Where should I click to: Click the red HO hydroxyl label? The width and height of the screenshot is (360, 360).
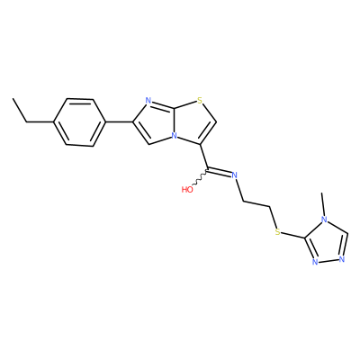(x=187, y=189)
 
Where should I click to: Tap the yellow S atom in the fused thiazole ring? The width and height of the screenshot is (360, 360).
(x=200, y=101)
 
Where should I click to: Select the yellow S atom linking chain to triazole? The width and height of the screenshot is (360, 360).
(x=277, y=231)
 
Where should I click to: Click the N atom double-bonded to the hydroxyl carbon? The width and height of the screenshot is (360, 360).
(x=234, y=175)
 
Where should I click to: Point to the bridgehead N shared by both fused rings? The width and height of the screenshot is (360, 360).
(x=174, y=136)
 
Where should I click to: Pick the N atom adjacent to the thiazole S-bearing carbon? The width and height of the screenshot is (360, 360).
(x=148, y=101)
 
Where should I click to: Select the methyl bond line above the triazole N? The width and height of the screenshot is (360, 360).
(x=322, y=204)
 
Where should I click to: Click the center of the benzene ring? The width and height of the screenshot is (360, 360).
(x=80, y=122)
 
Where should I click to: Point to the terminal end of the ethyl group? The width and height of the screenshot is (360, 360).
(x=13, y=98)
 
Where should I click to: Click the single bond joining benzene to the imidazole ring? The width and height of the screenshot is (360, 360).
(x=120, y=122)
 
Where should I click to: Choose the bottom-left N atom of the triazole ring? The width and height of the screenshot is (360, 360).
(x=315, y=262)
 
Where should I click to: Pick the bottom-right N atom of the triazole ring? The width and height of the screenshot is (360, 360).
(x=341, y=259)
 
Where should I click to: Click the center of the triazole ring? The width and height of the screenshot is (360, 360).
(x=327, y=243)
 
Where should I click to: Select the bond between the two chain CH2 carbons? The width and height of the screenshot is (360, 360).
(x=256, y=203)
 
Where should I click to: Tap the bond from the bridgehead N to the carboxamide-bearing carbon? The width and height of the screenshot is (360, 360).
(x=189, y=140)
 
